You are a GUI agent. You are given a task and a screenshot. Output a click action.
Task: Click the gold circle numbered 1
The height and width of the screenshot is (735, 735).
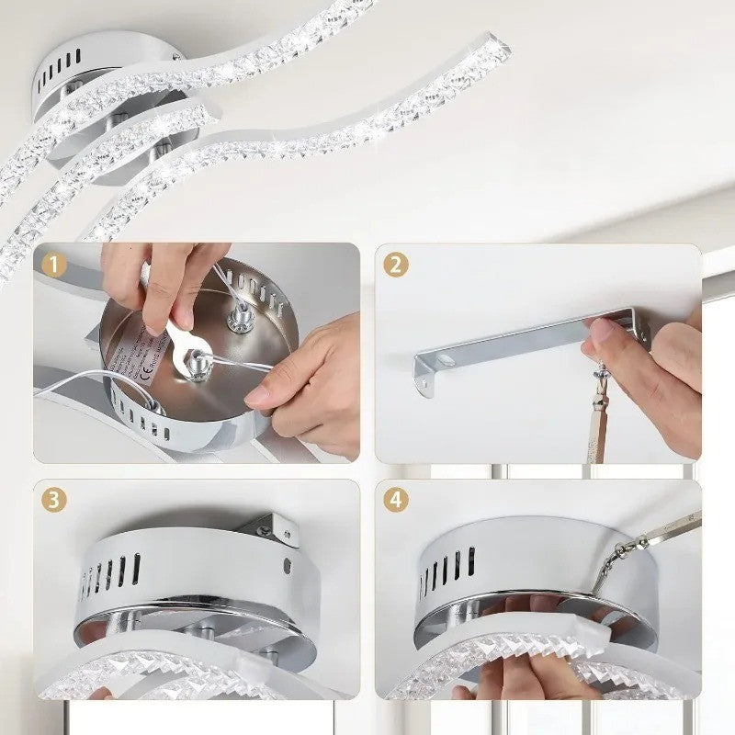pos(54,266)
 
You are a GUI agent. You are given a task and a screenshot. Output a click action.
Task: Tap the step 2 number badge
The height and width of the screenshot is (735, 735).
pos(396,266)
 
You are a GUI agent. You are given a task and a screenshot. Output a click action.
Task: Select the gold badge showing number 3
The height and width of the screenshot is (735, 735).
pos(54,501)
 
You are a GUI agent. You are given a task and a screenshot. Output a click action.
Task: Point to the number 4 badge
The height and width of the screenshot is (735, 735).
pos(396,501)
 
